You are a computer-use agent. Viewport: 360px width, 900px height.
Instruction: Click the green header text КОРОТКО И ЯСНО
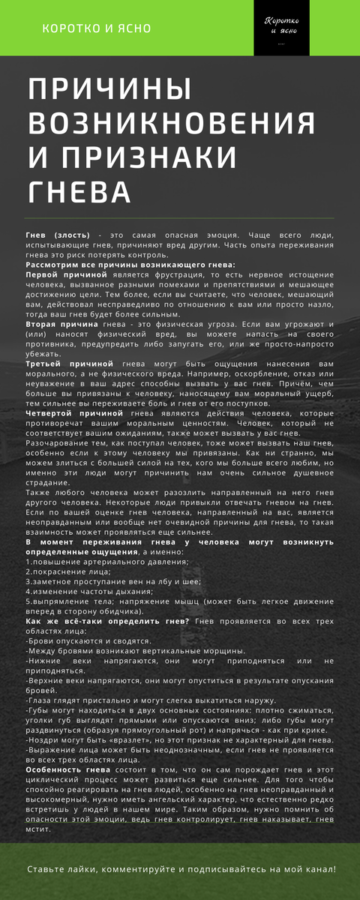[x=97, y=28]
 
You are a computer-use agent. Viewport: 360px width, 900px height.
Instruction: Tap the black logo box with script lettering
[x=282, y=28]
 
